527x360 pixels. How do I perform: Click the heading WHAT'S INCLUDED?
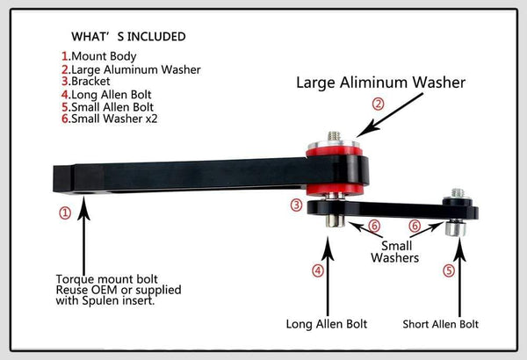(x=128, y=37)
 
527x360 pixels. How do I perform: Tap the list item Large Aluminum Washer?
(x=136, y=69)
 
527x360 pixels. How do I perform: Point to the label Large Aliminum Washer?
(x=379, y=83)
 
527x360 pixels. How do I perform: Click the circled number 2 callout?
(x=379, y=104)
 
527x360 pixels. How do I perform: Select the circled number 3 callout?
(x=297, y=205)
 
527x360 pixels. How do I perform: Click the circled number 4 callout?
(x=317, y=271)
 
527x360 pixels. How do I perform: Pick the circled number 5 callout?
(x=449, y=271)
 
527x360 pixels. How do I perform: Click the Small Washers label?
(x=395, y=253)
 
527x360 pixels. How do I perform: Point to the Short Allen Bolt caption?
(x=441, y=324)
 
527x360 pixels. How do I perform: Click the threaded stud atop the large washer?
(x=334, y=136)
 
